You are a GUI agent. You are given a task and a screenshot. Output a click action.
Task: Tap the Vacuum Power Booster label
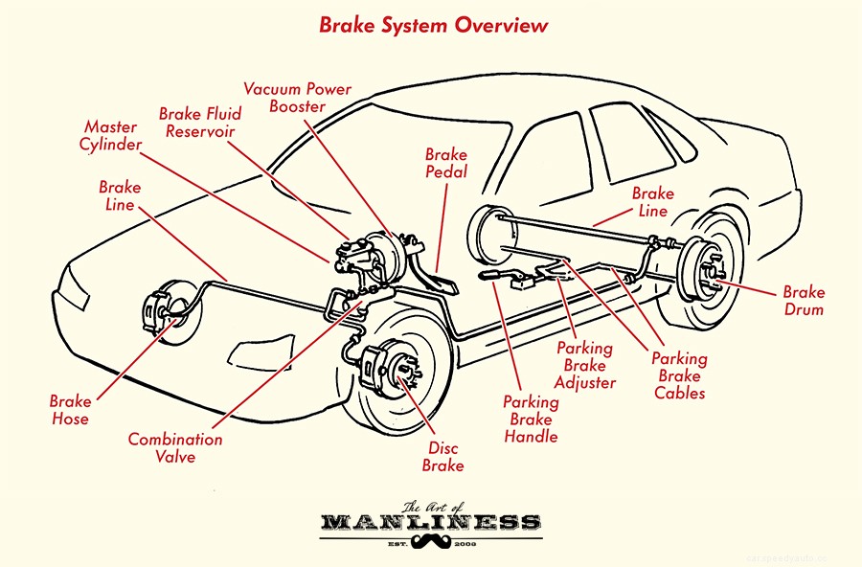(297, 98)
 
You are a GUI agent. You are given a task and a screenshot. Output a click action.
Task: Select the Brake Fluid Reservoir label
(200, 123)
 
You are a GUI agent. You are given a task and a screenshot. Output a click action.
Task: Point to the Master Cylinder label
(111, 136)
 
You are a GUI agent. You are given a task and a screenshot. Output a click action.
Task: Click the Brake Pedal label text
(446, 163)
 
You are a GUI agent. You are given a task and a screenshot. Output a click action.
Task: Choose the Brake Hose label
(70, 409)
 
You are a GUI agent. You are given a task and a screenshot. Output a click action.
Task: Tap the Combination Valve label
(175, 448)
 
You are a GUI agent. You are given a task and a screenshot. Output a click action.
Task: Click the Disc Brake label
(443, 457)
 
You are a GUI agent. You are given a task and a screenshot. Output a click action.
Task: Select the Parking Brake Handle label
(531, 420)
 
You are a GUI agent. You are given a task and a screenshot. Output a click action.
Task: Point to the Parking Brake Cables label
(679, 375)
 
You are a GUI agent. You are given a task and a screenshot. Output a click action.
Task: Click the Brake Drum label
(803, 301)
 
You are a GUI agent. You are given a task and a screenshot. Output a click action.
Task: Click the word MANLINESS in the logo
(430, 523)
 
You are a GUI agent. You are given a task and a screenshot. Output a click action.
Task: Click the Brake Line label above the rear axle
(652, 202)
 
